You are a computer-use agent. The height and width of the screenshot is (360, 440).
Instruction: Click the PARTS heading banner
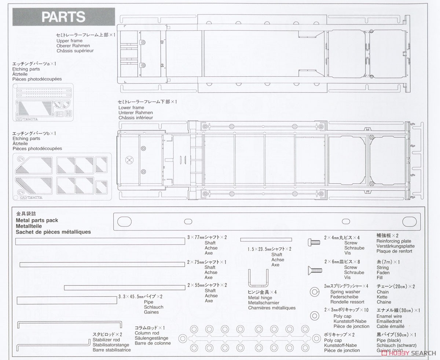coord(64,17)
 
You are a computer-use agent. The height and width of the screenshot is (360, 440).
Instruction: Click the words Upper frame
coord(69,41)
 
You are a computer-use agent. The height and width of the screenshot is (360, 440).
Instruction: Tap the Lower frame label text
coord(131,108)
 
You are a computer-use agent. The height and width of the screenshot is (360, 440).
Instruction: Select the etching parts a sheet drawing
coord(43,102)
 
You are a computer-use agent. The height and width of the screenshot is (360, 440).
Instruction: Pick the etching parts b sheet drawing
coord(62,177)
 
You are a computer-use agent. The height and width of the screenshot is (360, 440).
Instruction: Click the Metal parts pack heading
coord(37,220)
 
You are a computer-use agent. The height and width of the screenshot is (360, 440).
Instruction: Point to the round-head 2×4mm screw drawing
coord(314,242)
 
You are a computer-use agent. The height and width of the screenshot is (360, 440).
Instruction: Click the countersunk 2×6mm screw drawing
coord(315,270)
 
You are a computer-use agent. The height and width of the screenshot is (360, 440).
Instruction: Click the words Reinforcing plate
coord(394,241)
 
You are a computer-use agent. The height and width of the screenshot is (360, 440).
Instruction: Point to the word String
coord(383,268)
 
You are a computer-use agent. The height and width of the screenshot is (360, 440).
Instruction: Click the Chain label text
coord(383,292)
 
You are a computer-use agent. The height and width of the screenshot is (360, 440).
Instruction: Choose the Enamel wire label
coord(389,316)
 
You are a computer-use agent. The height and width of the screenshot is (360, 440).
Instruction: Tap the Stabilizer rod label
coord(106,340)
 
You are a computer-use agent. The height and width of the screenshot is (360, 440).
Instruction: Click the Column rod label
coord(147,333)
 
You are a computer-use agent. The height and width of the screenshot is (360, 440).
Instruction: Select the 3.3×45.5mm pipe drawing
coord(67,300)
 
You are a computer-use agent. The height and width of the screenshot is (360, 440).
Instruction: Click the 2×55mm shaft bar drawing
coord(125,288)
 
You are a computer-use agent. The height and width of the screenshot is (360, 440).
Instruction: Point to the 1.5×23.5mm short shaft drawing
coord(266,240)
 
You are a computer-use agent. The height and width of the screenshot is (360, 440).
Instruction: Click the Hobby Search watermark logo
coord(408,353)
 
